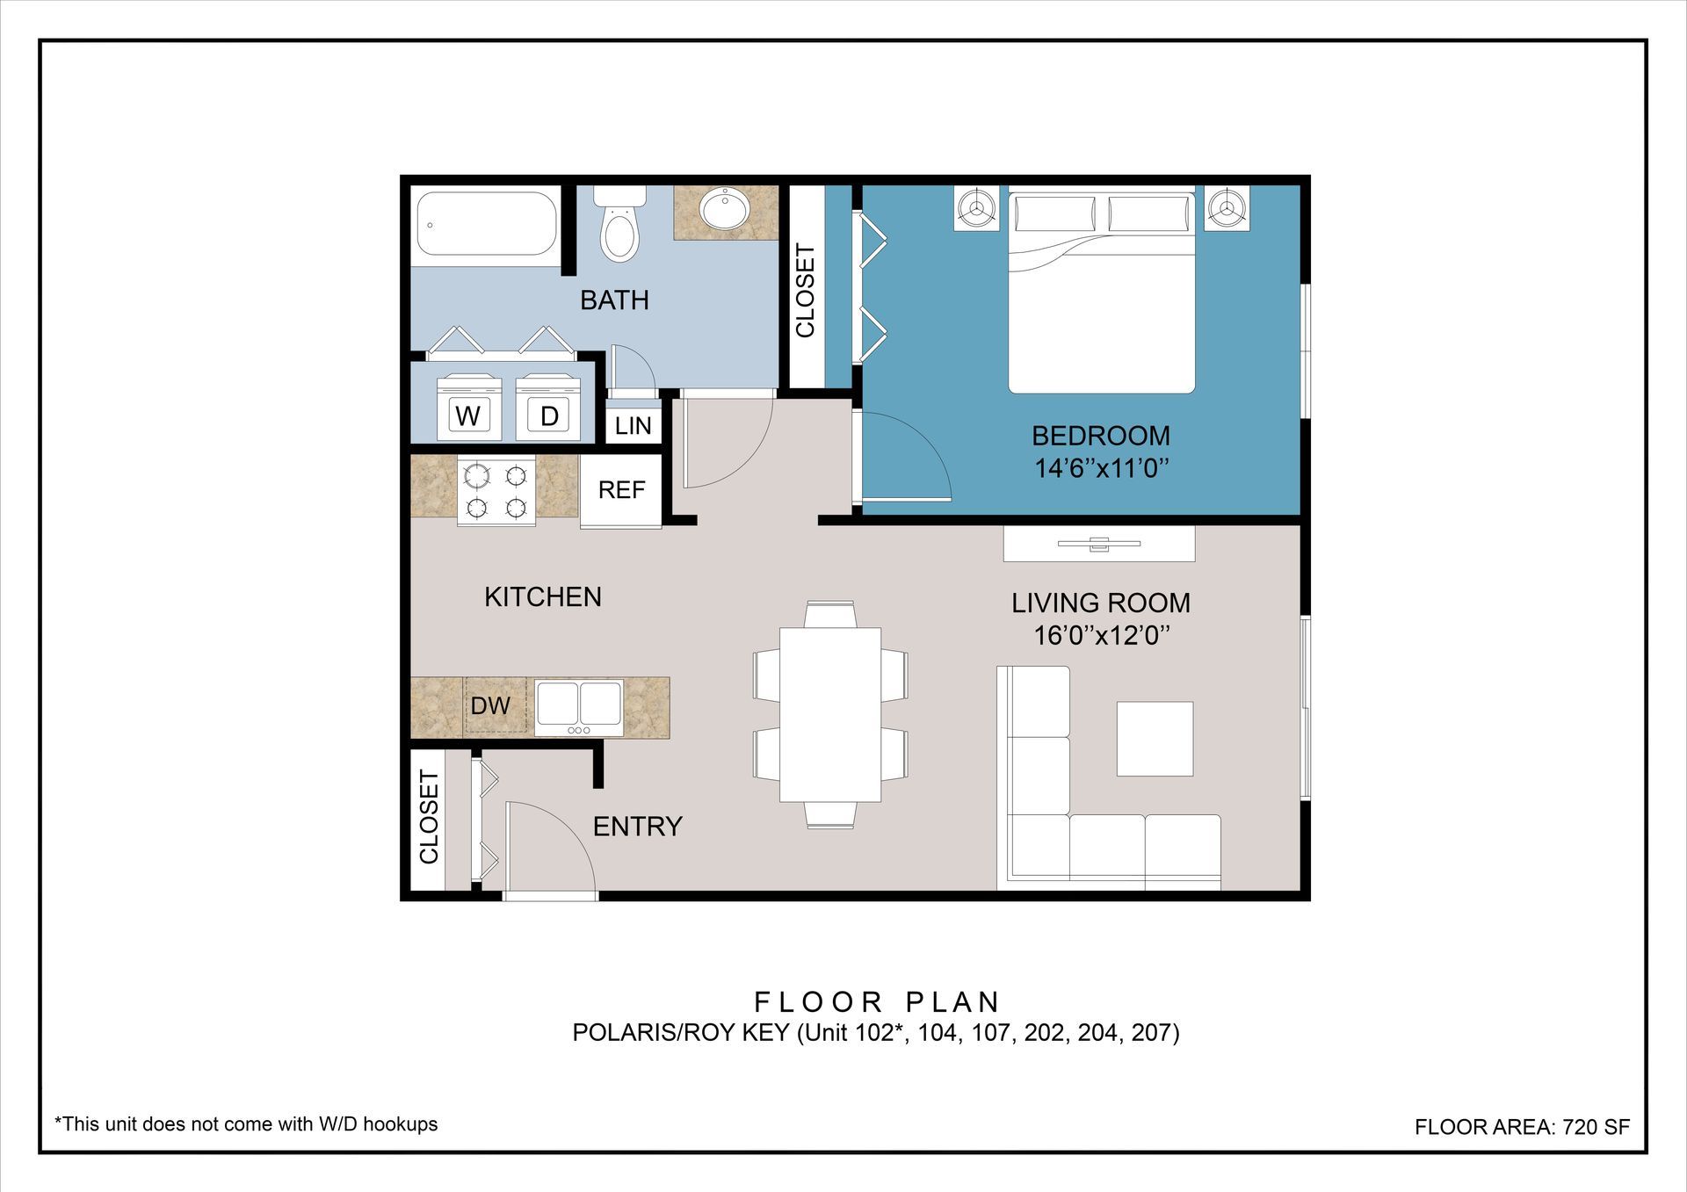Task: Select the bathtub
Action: click(486, 224)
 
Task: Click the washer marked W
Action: click(468, 407)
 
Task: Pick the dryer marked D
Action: click(548, 407)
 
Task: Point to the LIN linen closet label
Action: click(633, 426)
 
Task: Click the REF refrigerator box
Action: click(621, 490)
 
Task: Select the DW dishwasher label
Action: click(490, 705)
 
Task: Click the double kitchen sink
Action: click(579, 707)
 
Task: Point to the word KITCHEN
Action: click(543, 597)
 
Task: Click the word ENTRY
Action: click(638, 827)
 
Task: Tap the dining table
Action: click(830, 714)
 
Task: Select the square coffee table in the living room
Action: click(1155, 739)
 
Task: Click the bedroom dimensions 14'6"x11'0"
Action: click(1101, 468)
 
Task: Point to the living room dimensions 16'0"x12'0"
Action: click(1101, 635)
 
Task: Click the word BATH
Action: click(614, 300)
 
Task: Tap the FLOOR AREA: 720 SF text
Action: click(1522, 1127)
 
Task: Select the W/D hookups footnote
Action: click(246, 1124)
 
